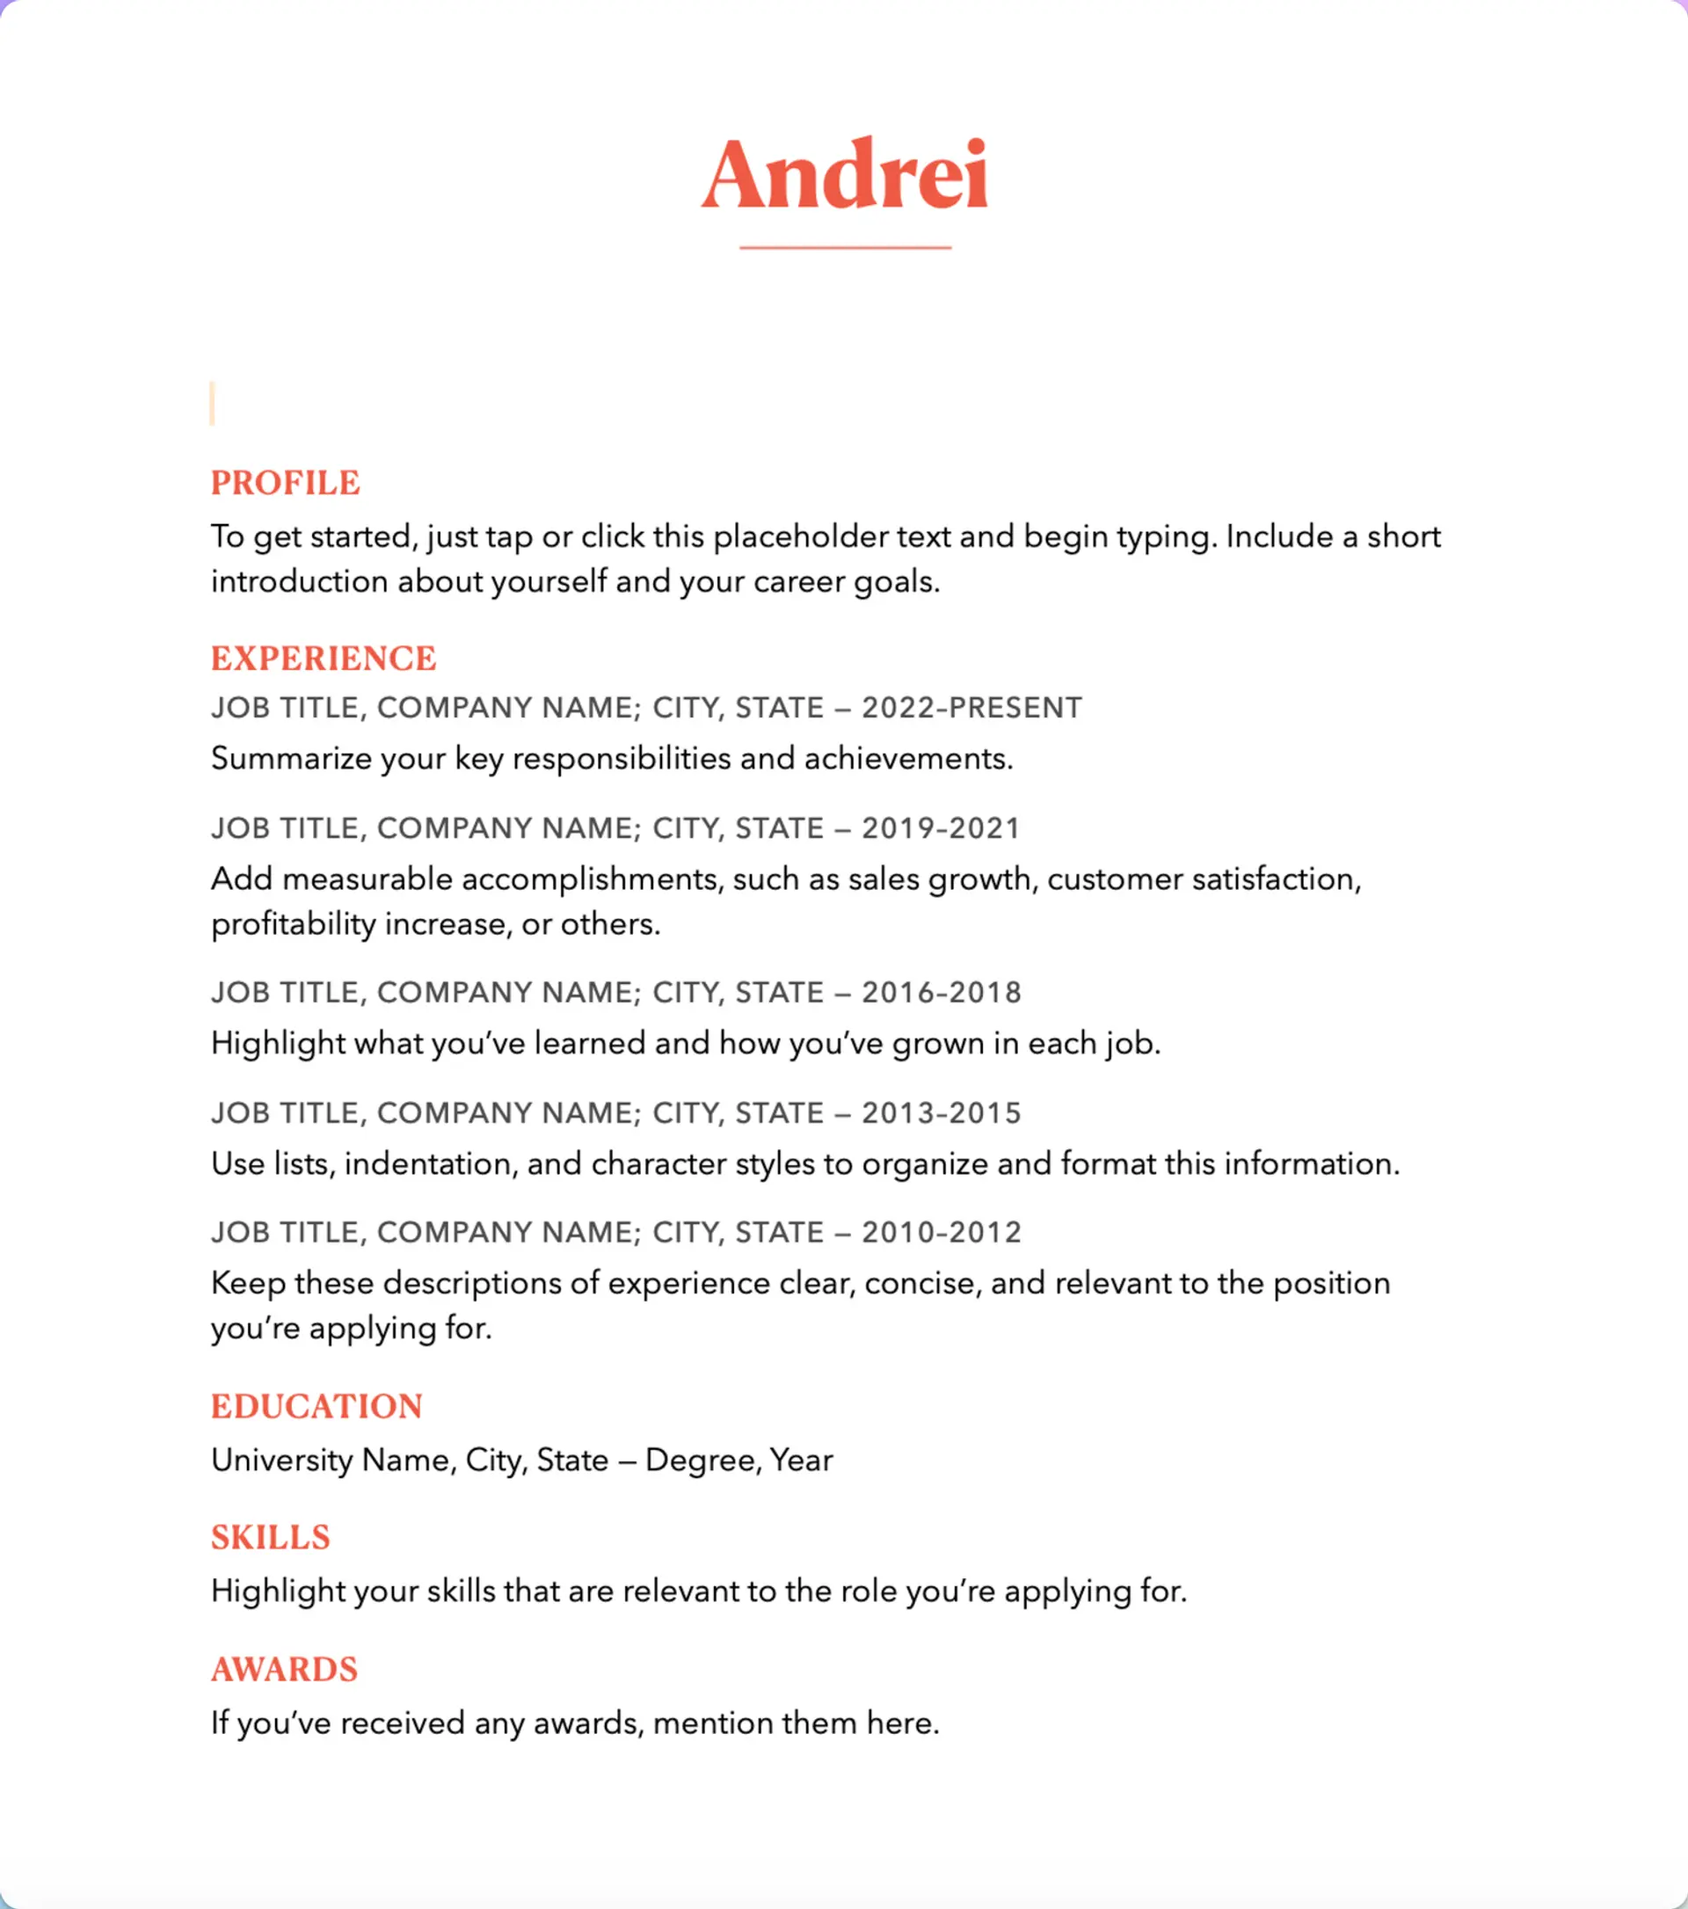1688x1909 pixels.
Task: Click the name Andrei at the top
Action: tap(844, 175)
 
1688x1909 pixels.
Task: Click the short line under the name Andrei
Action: tap(845, 247)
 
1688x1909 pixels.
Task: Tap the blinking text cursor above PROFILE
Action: tap(213, 404)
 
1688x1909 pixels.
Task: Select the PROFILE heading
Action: tap(285, 483)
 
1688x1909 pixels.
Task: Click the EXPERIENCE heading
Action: tap(323, 659)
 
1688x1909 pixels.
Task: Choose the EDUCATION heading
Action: tap(316, 1407)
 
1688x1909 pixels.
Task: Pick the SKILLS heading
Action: tap(270, 1537)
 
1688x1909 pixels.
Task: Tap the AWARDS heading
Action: tap(284, 1669)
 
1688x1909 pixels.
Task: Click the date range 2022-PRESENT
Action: tap(971, 708)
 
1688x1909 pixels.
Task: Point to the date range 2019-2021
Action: tap(940, 828)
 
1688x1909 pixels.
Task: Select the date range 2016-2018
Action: tap(941, 992)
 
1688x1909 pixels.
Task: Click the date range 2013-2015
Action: tap(941, 1113)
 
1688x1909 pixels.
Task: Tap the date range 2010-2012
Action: tap(941, 1233)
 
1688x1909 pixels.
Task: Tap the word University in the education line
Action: tap(282, 1460)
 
